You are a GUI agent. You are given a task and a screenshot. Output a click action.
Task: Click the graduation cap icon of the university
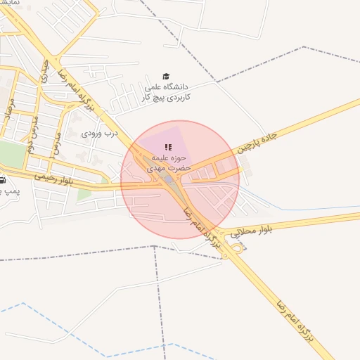[166, 77]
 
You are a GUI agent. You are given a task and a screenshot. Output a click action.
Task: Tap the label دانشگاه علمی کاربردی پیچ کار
[167, 91]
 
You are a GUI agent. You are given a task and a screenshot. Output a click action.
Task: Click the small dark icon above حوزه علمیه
[167, 147]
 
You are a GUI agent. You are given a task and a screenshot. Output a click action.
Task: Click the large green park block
[10, 153]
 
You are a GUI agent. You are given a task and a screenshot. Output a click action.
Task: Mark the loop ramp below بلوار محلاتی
[237, 248]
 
